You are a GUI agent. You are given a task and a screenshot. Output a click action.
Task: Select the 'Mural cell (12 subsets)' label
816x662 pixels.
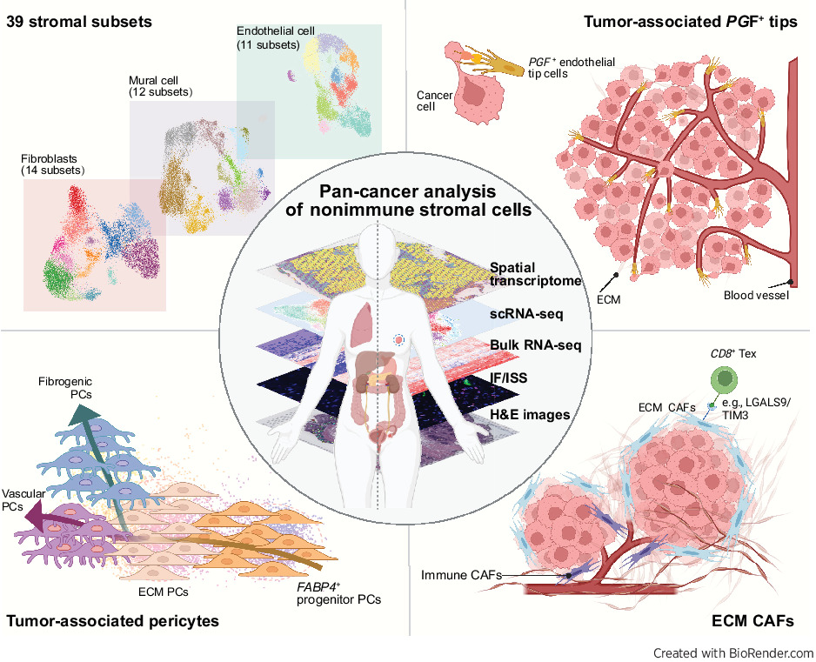click(x=161, y=86)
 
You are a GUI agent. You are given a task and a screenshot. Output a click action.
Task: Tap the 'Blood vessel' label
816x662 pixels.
click(x=757, y=295)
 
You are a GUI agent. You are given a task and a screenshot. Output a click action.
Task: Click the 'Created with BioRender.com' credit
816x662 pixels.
click(x=732, y=652)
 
